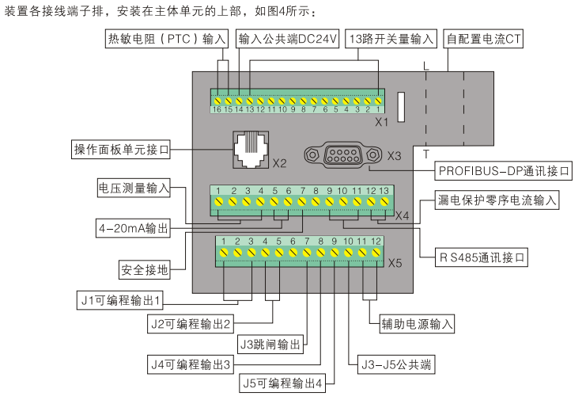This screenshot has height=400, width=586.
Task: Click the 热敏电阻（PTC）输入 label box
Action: click(x=166, y=38)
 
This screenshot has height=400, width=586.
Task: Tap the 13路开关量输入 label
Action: click(x=391, y=38)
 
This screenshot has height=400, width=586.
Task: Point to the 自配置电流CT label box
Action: click(x=483, y=38)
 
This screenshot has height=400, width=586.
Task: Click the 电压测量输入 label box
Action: click(x=134, y=188)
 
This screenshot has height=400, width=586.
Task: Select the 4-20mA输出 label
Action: click(x=134, y=228)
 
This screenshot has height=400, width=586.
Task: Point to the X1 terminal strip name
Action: click(x=382, y=122)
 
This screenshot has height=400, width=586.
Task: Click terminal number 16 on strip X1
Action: click(x=216, y=109)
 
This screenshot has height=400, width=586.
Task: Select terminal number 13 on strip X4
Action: click(x=384, y=192)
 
